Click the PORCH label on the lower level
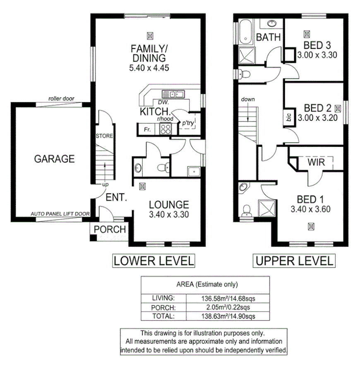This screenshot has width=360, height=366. pyautogui.click(x=109, y=229)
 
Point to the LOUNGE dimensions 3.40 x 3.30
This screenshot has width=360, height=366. pyautogui.click(x=169, y=215)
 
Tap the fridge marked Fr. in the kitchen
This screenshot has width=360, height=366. pyautogui.click(x=147, y=129)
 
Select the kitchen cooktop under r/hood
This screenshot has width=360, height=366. pyautogui.click(x=166, y=129)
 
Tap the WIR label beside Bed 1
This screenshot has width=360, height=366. pyautogui.click(x=316, y=163)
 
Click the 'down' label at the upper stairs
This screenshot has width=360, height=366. pyautogui.click(x=248, y=100)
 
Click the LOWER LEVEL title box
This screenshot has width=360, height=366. pyautogui.click(x=154, y=261)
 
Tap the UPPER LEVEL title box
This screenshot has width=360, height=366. pyautogui.click(x=294, y=261)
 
